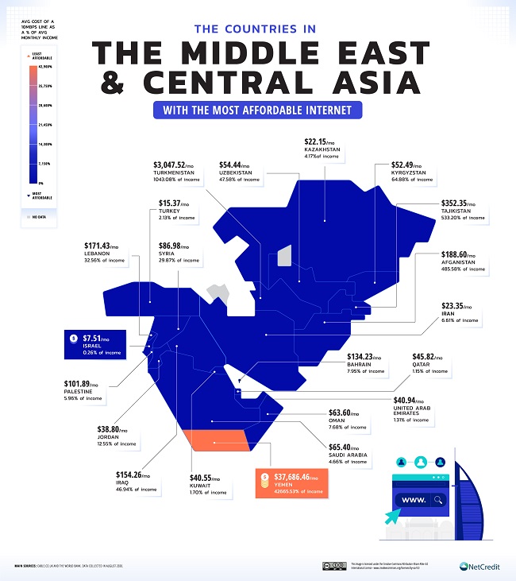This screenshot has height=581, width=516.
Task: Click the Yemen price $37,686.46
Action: pos(295,479)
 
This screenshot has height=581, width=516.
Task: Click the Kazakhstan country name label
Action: pos(322,149)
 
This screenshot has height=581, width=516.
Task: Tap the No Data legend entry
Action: pos(39,215)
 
